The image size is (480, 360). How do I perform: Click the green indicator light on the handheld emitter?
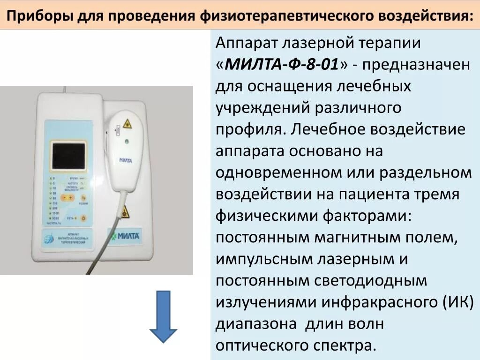click(126, 141)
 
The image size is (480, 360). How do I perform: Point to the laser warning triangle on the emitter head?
click(126, 124)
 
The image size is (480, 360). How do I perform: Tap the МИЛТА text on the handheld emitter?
click(126, 160)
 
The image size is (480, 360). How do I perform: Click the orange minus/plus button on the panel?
click(67, 198)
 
